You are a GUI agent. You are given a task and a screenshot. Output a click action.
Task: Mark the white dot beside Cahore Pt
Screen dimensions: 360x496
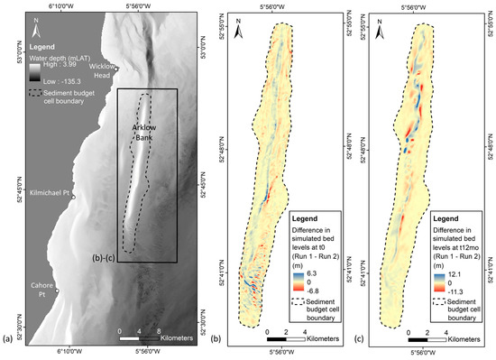point(57,291)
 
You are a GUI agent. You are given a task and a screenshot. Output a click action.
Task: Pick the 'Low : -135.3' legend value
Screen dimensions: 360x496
point(60,82)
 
